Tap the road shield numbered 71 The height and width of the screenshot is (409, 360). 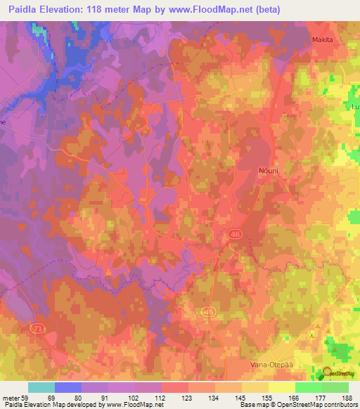point(37,329)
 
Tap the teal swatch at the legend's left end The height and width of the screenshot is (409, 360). point(41,387)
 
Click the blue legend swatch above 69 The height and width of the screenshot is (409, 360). point(68,387)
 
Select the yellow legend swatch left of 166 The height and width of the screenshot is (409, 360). point(281,387)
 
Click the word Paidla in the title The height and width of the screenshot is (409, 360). point(25,9)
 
